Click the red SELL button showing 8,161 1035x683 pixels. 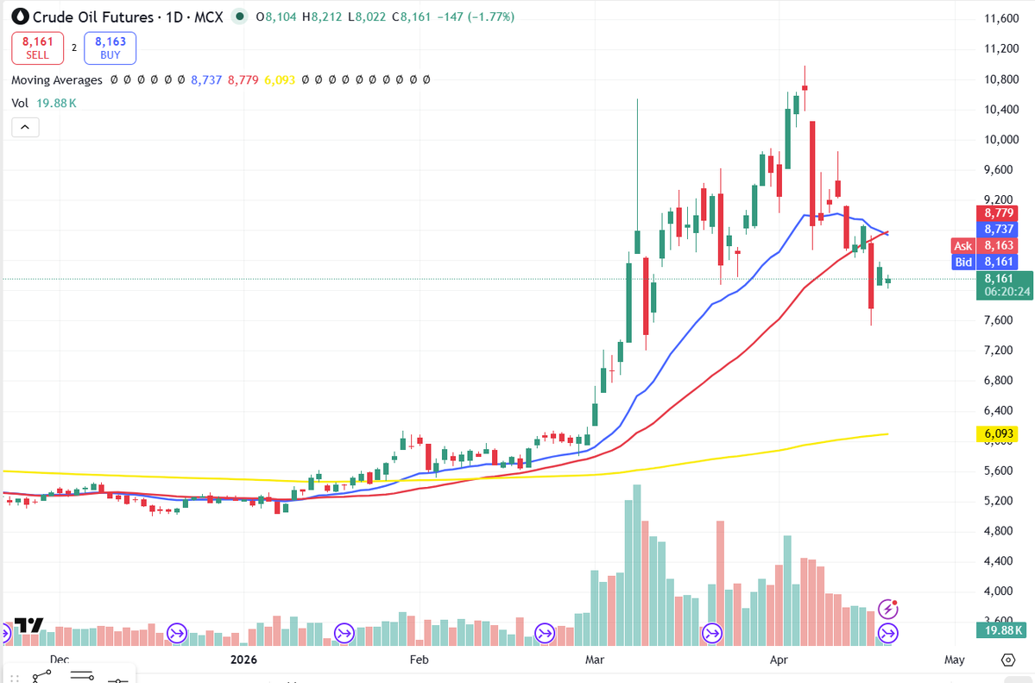37,47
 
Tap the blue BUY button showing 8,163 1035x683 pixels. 110,47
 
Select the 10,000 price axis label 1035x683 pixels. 1001,140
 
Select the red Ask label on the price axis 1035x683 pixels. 962,246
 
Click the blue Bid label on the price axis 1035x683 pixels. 962,262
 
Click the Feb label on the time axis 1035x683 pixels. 419,660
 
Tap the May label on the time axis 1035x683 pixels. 954,660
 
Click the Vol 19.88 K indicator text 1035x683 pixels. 44,103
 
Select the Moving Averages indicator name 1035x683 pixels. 57,79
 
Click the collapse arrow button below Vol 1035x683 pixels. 25,127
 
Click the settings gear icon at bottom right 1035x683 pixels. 1007,660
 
